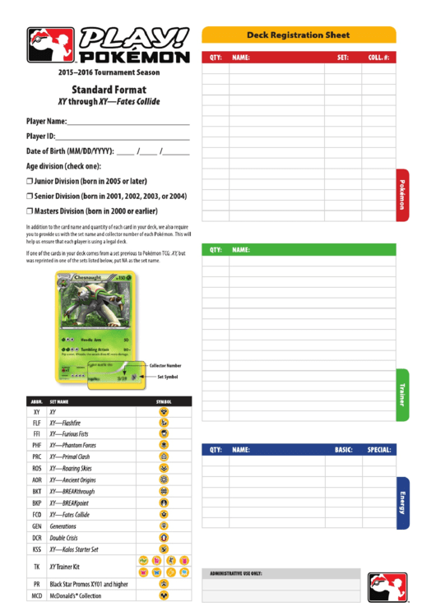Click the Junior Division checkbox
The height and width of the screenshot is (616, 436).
tap(30, 181)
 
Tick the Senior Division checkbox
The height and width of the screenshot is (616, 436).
tap(30, 197)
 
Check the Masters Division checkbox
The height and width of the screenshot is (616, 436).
tap(30, 211)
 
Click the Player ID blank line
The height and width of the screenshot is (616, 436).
tap(123, 137)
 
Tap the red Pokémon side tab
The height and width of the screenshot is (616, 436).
tap(402, 194)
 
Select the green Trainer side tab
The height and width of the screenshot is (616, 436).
tap(402, 394)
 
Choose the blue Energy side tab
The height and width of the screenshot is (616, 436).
tap(402, 502)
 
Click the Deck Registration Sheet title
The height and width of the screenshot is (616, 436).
tap(298, 35)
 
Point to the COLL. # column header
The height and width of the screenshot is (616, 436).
tap(378, 58)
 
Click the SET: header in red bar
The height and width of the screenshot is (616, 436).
tap(343, 58)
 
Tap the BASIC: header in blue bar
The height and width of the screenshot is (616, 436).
tap(343, 450)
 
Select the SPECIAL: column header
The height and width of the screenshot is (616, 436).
tap(378, 450)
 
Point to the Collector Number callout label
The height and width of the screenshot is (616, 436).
tap(165, 365)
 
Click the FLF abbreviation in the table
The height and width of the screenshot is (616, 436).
tap(37, 423)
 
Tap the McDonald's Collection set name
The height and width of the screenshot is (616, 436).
tap(75, 595)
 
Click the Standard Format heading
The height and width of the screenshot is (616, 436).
tap(109, 89)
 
